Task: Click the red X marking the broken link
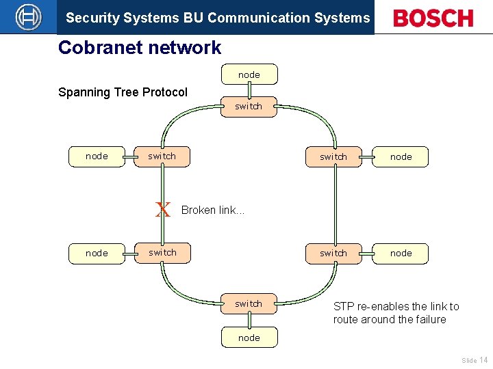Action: point(163,210)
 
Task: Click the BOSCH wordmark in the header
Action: point(433,18)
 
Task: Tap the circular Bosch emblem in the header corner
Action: point(28,17)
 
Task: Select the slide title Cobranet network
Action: point(140,48)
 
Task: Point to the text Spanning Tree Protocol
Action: point(123,92)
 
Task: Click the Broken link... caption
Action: point(213,210)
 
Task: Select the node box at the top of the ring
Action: point(249,74)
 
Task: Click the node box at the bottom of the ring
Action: point(249,338)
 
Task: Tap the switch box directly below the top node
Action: point(249,107)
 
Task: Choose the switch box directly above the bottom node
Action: point(249,304)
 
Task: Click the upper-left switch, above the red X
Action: point(162,156)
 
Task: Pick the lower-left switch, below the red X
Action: point(162,253)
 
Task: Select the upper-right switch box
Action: point(333,157)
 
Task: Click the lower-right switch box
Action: point(333,254)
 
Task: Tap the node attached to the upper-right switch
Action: point(401,157)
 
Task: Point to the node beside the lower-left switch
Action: point(97,254)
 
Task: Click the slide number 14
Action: point(483,359)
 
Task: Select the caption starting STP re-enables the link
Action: point(396,313)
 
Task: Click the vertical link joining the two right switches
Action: point(334,205)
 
